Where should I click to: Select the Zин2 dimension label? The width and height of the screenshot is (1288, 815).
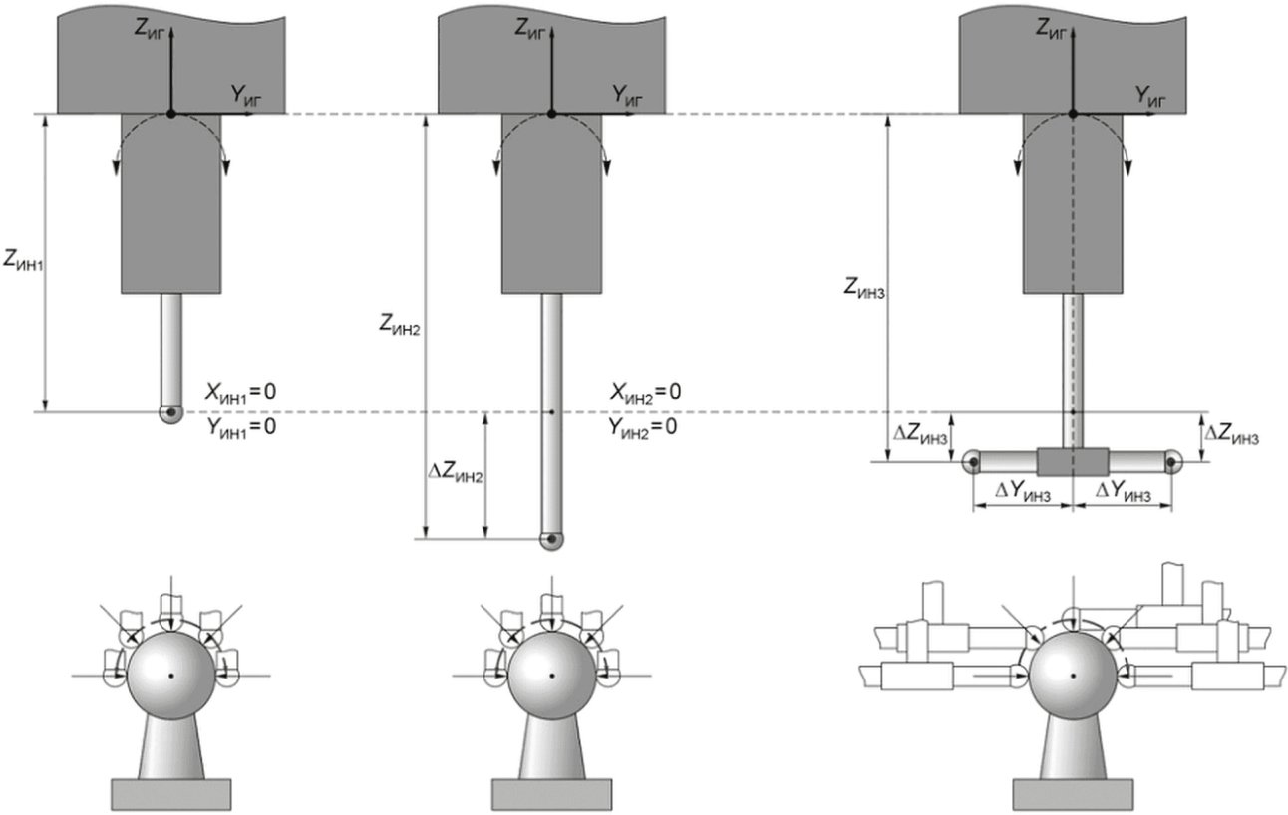(399, 325)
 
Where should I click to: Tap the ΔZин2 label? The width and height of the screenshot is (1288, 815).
(456, 473)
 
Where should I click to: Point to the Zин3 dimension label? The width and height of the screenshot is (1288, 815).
(864, 287)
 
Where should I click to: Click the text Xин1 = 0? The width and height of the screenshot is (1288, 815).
(240, 393)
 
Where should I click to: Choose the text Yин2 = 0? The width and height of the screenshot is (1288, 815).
(643, 428)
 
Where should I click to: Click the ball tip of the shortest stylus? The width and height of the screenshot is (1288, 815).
(170, 413)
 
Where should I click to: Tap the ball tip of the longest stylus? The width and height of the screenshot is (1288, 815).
(552, 539)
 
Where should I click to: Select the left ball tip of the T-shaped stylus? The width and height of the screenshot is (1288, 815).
(972, 462)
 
